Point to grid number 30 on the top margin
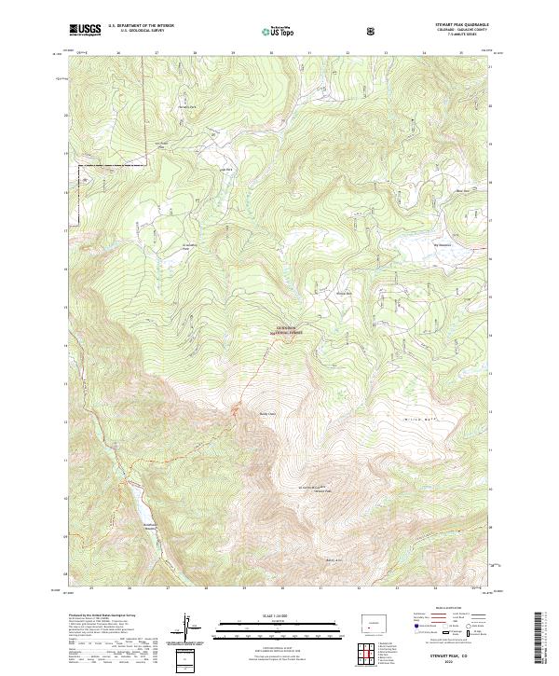coord(271,53)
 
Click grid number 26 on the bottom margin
coord(130,588)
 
